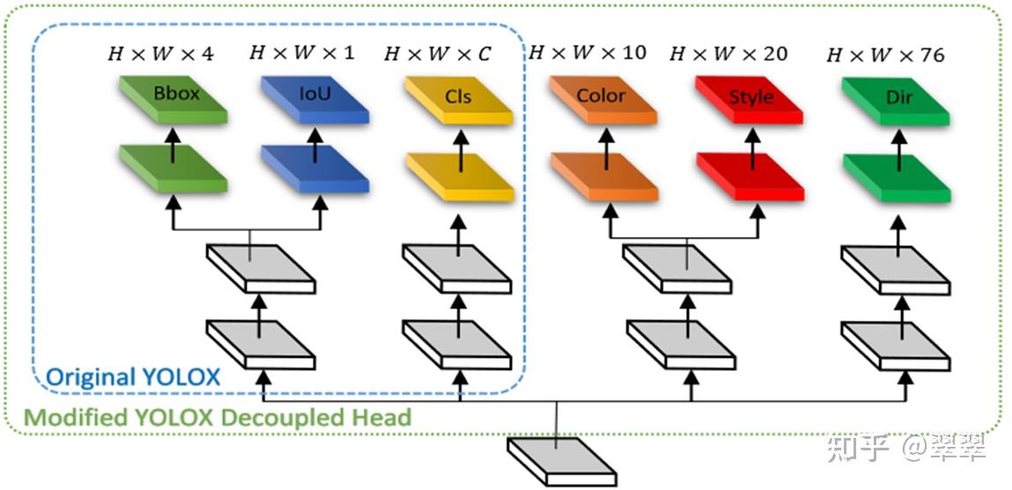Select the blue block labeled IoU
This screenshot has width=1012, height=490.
(314, 96)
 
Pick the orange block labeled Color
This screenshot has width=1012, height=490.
(603, 98)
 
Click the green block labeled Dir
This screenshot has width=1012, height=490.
(896, 100)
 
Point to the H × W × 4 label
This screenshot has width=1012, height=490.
(160, 53)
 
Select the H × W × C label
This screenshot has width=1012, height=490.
(438, 54)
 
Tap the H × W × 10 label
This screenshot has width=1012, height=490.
(587, 52)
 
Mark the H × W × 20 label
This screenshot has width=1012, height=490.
(728, 54)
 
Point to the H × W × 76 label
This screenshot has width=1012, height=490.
(885, 56)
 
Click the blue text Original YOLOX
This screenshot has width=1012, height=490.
(132, 377)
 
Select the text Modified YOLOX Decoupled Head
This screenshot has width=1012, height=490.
(217, 417)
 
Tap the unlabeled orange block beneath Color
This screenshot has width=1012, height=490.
(603, 175)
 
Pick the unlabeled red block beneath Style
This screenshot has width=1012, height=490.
(750, 176)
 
